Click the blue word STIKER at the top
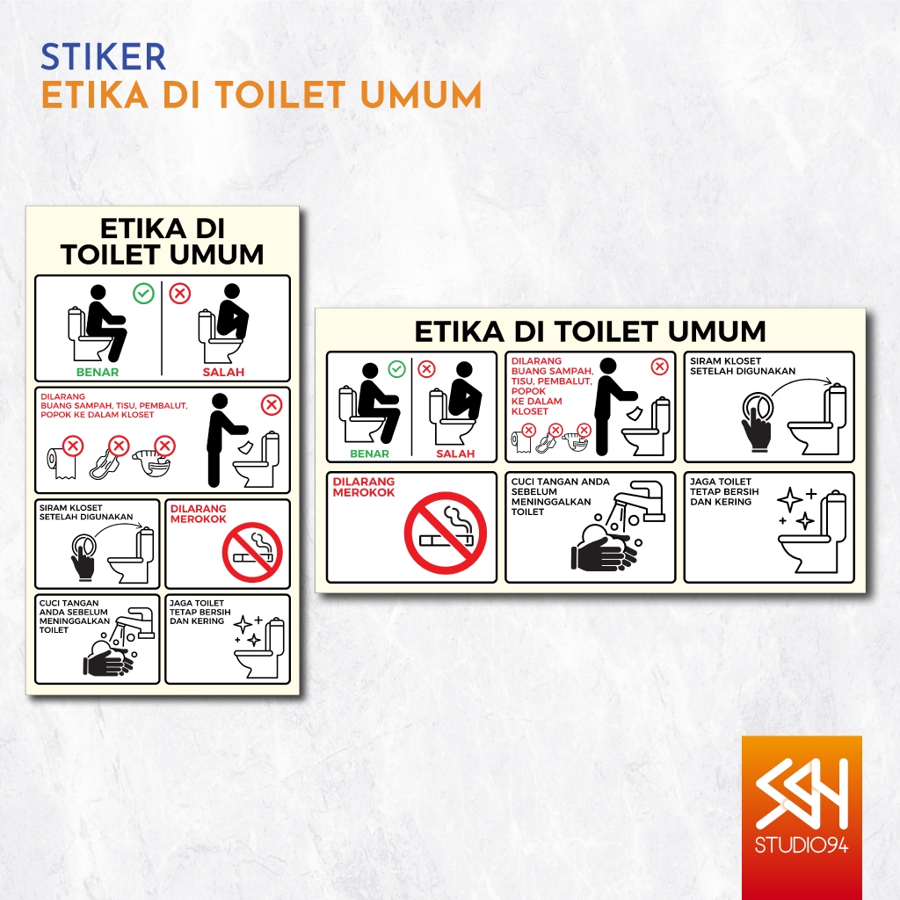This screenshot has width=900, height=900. pos(104,57)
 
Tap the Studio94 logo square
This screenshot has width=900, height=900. pos(802,817)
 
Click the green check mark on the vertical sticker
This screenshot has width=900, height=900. pos(143,294)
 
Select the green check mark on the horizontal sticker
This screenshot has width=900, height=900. pos(396,369)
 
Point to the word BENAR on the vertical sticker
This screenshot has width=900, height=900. pos(98,372)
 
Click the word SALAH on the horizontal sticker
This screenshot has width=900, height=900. pos(455,454)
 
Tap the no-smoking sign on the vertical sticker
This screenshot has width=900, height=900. pos(252,552)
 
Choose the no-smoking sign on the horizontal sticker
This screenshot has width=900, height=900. pos(446,533)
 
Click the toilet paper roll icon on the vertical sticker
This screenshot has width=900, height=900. pos(62,462)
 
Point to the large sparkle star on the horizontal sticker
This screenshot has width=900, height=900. pos(790,500)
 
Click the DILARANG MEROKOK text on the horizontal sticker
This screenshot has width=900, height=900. pos(364,487)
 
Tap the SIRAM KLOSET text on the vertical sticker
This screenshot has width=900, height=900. pos(86,512)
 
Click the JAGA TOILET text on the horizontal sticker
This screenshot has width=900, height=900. pos(724,491)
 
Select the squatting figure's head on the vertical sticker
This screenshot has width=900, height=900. pos(232,291)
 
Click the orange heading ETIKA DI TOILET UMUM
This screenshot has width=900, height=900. pos(262,95)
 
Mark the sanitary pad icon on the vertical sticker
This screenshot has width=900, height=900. pos(105,462)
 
